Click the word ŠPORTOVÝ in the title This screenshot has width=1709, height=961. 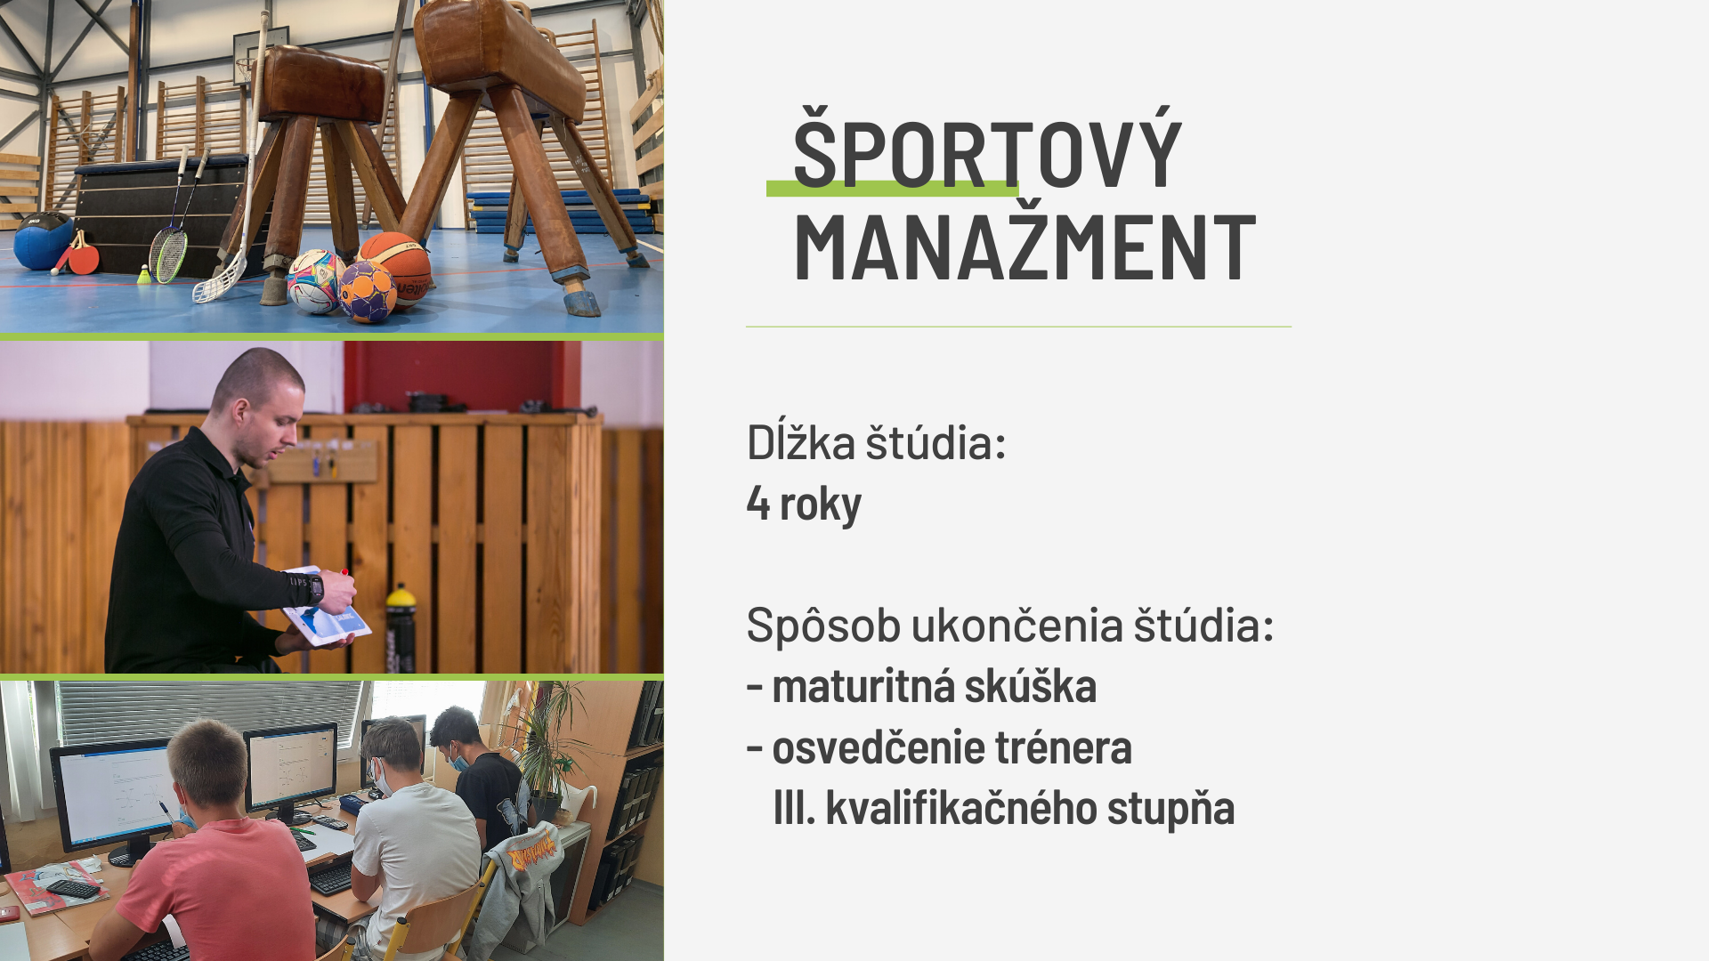click(987, 147)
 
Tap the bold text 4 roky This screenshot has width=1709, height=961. click(804, 504)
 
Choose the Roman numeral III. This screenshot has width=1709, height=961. click(794, 808)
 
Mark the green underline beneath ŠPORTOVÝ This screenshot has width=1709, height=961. click(892, 189)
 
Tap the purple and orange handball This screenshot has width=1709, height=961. click(367, 291)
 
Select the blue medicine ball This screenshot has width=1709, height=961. click(41, 240)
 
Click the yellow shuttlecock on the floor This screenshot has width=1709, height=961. click(144, 275)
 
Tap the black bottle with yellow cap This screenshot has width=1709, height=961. click(401, 629)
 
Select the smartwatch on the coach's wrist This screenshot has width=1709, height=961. click(316, 587)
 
